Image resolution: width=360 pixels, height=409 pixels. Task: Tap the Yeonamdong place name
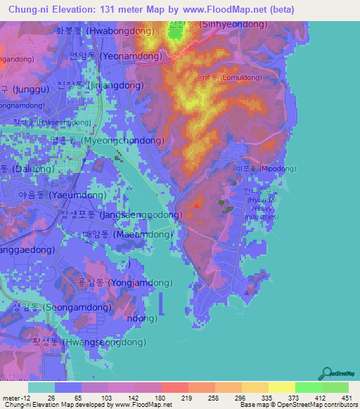pos(119,55)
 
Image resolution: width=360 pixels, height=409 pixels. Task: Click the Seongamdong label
pos(61,307)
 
